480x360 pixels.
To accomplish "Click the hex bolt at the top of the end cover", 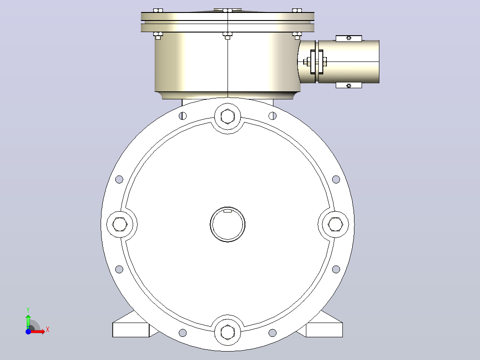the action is pyautogui.click(x=228, y=116).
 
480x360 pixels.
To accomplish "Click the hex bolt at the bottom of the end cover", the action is pyautogui.click(x=228, y=332).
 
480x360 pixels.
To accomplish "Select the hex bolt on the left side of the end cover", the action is pyautogui.click(x=120, y=224).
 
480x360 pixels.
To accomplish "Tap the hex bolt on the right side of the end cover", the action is pyautogui.click(x=335, y=224).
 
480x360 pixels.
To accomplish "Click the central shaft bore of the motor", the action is pyautogui.click(x=228, y=224).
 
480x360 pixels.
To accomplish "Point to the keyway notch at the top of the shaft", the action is pyautogui.click(x=228, y=210).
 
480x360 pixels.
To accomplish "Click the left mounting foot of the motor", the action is pyautogui.click(x=131, y=327).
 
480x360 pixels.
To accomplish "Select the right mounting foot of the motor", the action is pyautogui.click(x=324, y=327).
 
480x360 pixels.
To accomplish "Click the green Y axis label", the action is pyautogui.click(x=28, y=310).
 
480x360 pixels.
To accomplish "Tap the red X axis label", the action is pyautogui.click(x=48, y=330).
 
